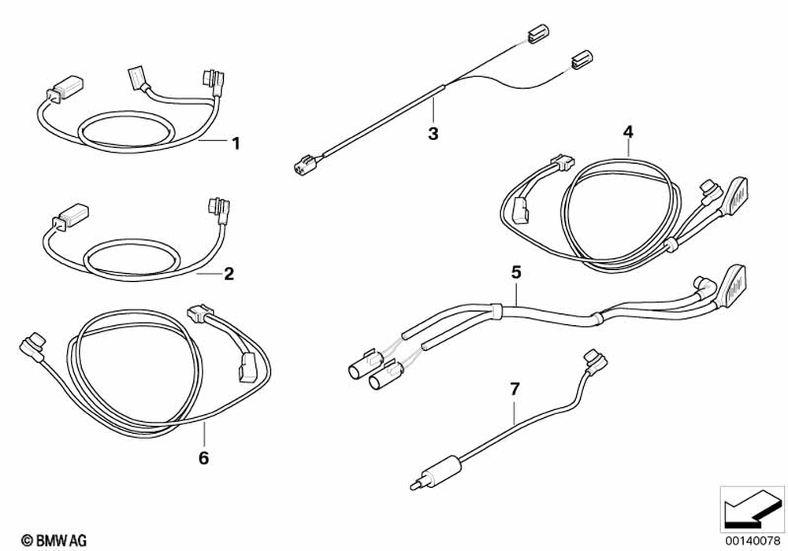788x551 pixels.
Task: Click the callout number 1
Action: (x=234, y=143)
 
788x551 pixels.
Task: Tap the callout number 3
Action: (x=433, y=133)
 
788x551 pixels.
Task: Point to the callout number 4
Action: (x=628, y=131)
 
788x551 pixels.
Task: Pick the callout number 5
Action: (x=516, y=272)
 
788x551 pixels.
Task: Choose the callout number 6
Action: (x=203, y=457)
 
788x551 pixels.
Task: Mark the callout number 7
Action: (x=515, y=389)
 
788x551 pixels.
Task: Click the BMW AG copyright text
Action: (x=54, y=539)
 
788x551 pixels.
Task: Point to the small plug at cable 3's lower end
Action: (x=301, y=166)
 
